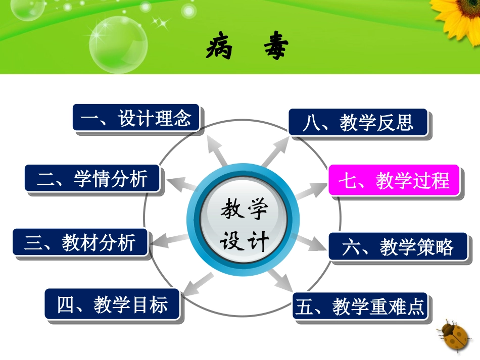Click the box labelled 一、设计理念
(x=136, y=119)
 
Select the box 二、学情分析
(x=92, y=179)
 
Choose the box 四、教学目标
(x=112, y=304)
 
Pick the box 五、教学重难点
(x=360, y=306)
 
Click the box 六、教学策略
(x=398, y=247)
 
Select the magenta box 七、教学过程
(x=394, y=180)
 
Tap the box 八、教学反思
(x=358, y=122)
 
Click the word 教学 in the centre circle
(x=244, y=209)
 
